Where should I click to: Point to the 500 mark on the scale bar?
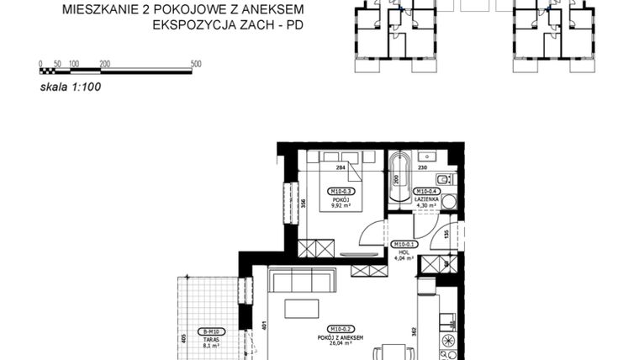pyautogui.click(x=196, y=63)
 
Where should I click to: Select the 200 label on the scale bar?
pyautogui.click(x=104, y=63)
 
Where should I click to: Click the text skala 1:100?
pyautogui.click(x=71, y=86)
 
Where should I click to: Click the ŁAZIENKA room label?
pyautogui.click(x=425, y=199)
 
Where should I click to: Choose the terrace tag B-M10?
pyautogui.click(x=206, y=331)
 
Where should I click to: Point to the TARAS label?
pyautogui.click(x=206, y=338)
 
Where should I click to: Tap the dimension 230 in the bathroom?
pyautogui.click(x=423, y=167)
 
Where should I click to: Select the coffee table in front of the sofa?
pyautogui.click(x=302, y=309)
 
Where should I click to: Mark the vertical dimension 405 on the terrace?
pyautogui.click(x=183, y=341)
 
